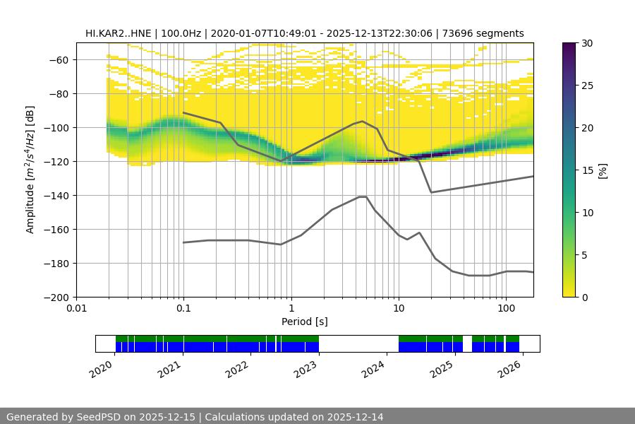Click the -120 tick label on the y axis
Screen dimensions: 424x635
tap(59, 161)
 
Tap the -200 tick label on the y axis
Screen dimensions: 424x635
tap(59, 297)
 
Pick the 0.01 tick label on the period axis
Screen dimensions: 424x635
tap(76, 309)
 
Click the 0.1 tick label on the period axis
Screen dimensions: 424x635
tap(183, 309)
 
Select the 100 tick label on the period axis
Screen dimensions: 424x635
tap(506, 309)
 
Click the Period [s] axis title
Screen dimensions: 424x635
tap(305, 322)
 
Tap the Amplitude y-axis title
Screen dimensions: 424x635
tap(30, 170)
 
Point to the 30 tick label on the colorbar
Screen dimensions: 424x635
tap(588, 43)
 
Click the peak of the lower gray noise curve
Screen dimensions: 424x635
tap(363, 196)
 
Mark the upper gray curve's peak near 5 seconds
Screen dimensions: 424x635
tap(363, 122)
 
